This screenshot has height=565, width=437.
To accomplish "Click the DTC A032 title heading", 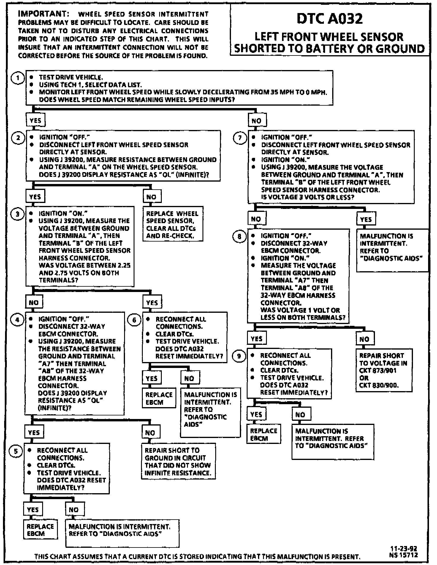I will (330, 19).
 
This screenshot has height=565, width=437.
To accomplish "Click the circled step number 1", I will (18, 78).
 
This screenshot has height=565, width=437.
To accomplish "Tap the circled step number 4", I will (17, 320).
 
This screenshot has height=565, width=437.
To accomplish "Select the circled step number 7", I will (240, 138).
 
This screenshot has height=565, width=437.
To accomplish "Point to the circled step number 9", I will (239, 356).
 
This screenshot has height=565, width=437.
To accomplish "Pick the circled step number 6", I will (134, 320).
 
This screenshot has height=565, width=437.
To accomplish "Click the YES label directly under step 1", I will (35, 120).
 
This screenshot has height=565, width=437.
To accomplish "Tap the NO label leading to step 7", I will (256, 120).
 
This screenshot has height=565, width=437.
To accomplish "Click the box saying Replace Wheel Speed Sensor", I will (172, 224).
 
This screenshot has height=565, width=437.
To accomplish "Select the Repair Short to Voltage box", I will (383, 370).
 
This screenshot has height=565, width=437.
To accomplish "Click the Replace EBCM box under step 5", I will (40, 529).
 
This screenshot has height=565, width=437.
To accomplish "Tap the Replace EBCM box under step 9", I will (263, 434).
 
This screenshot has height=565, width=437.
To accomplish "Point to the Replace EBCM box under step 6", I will (159, 398).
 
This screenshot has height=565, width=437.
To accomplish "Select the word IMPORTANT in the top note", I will (44, 14).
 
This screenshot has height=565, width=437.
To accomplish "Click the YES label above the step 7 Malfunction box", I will (366, 219).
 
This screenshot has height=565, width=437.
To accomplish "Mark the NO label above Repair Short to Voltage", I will (364, 339).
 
